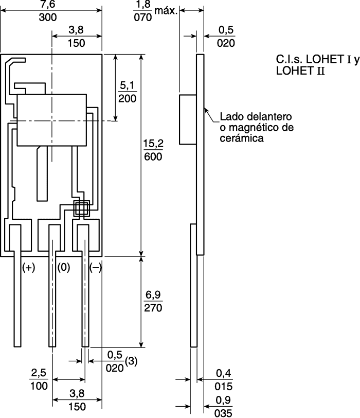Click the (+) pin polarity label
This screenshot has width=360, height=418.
[28, 268]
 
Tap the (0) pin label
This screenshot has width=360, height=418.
[63, 268]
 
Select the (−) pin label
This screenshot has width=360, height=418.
[96, 268]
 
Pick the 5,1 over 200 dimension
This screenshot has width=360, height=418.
[127, 91]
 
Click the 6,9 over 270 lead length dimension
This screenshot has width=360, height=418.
[153, 302]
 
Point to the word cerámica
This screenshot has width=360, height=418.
[242, 138]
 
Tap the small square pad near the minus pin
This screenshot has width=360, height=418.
[82, 208]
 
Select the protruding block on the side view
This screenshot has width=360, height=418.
[188, 119]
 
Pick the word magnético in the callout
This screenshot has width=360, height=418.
[254, 127]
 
